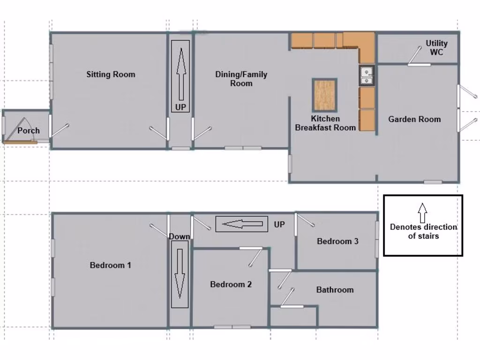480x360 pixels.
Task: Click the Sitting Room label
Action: [111, 74]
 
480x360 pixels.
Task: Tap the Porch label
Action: [29, 131]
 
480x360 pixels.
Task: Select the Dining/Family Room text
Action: [241, 79]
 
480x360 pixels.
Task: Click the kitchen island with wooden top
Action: [324, 95]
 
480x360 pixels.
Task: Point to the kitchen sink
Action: [367, 75]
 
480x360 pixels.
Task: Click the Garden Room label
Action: [414, 119]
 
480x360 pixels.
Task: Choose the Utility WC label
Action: [436, 47]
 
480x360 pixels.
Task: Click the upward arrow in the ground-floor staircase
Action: [180, 70]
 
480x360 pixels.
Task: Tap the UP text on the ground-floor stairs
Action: [180, 107]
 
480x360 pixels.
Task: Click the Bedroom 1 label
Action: [110, 265]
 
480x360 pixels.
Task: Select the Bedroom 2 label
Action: [231, 284]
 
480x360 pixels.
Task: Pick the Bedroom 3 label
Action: [337, 241]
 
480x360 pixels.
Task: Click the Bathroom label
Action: [335, 290]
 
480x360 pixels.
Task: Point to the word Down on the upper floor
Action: [180, 236]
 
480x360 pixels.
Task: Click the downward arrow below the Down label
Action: [180, 274]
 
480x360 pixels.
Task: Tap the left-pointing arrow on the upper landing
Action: [241, 224]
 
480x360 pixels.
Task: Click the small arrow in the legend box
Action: [422, 212]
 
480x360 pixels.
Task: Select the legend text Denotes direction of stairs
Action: [423, 232]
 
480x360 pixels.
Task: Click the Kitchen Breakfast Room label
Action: [325, 123]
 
